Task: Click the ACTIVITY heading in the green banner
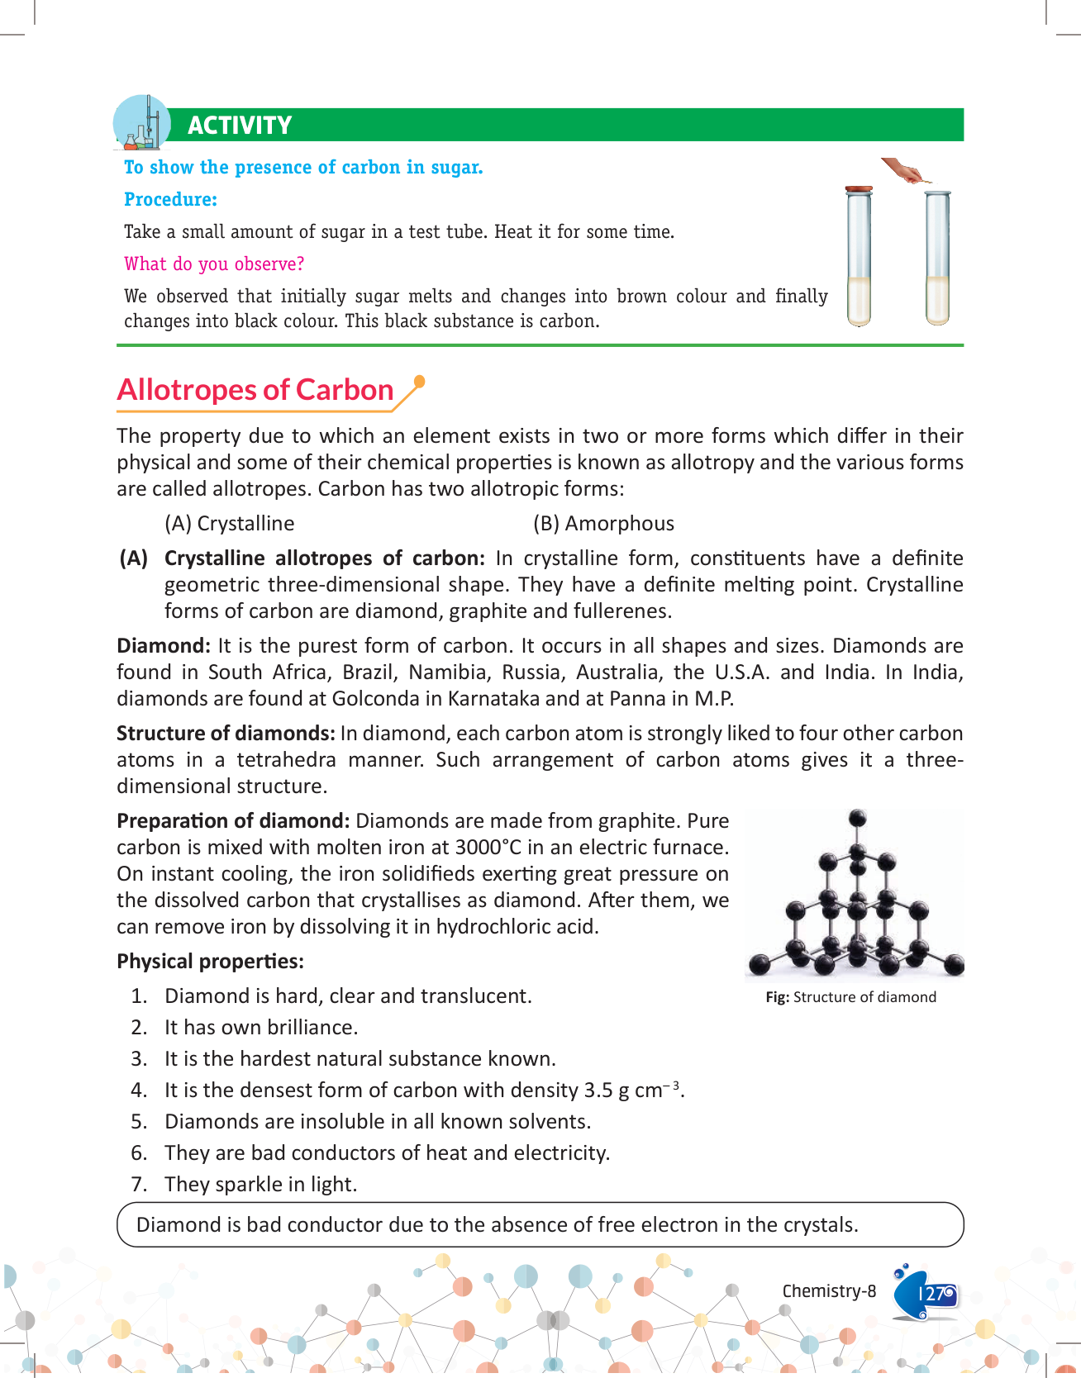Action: (240, 126)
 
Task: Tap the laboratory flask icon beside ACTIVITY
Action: (141, 123)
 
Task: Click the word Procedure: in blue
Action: (170, 200)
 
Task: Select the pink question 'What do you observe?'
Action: (214, 264)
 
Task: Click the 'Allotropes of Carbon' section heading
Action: (255, 390)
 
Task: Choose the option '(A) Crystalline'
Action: (229, 524)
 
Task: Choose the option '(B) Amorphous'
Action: (603, 524)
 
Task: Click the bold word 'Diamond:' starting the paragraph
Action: (164, 646)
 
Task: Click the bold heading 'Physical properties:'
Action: (210, 962)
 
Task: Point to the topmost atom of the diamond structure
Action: (858, 819)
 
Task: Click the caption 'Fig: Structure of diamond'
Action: (850, 997)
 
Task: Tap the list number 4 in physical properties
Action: (138, 1091)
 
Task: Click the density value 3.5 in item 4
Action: (598, 1091)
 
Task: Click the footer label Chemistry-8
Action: (829, 1291)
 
